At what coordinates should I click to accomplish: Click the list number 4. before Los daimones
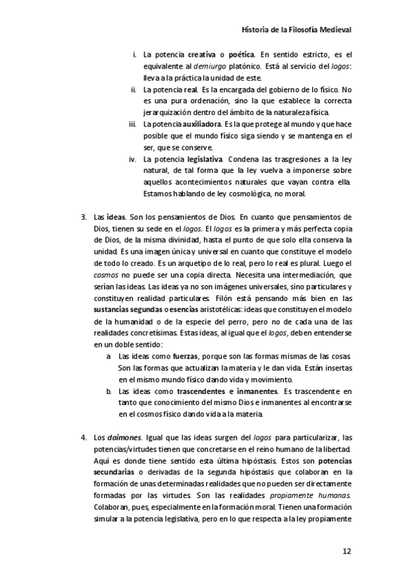click(x=84, y=438)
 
